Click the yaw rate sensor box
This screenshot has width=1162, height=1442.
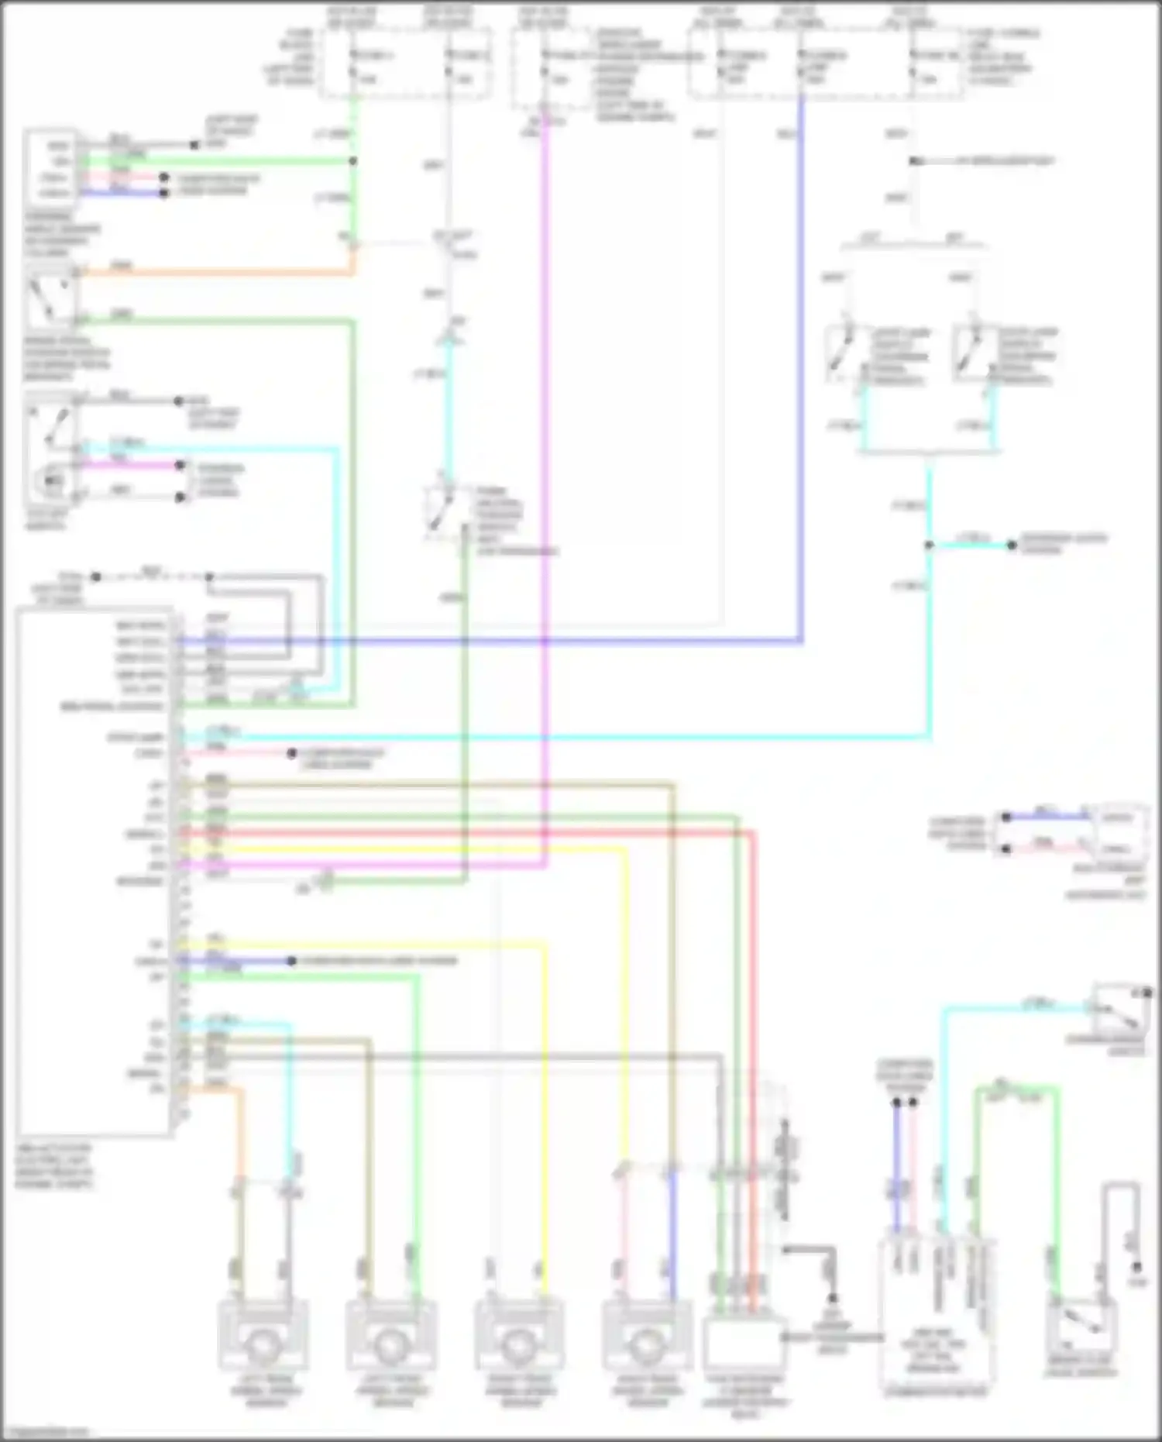point(744,1344)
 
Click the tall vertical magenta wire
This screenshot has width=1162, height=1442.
point(545,465)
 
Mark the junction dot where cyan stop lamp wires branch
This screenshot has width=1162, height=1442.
point(929,545)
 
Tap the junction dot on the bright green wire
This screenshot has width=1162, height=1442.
point(352,161)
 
